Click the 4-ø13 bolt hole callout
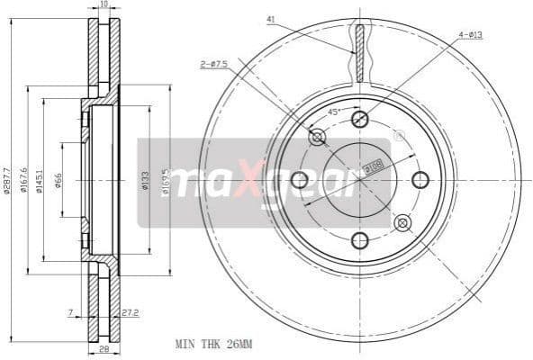[x=471, y=36]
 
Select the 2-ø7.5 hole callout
[x=213, y=63]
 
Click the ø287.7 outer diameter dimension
[x=7, y=180]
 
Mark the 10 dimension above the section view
[x=104, y=5]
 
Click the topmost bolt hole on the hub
[x=359, y=120]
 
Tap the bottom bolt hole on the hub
[x=359, y=240]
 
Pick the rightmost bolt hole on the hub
[x=420, y=180]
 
